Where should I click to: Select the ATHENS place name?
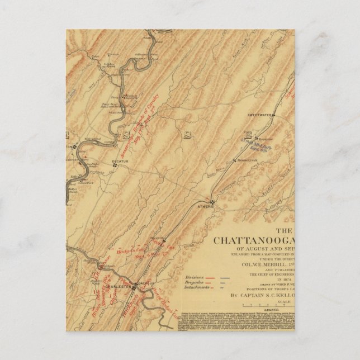coord(206,206)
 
